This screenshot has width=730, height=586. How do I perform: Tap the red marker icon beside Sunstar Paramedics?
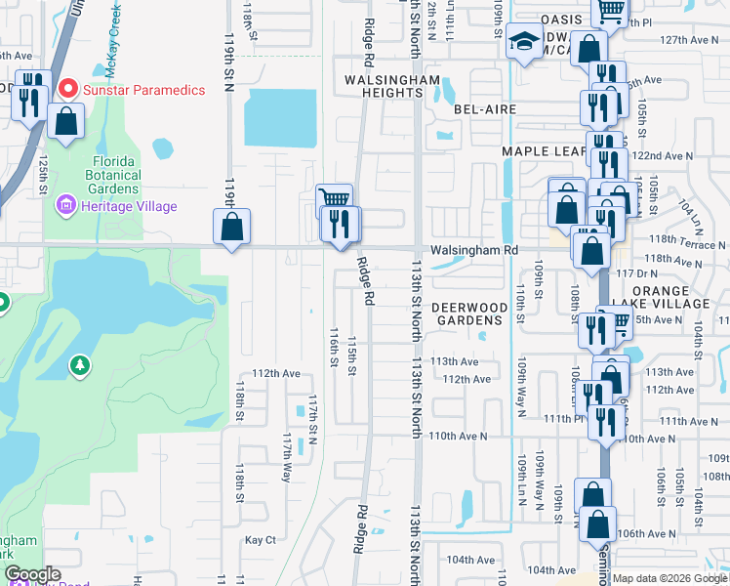point(68,89)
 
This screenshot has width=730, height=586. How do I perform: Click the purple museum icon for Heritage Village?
point(66,206)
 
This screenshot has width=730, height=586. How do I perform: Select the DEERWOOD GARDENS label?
point(470,314)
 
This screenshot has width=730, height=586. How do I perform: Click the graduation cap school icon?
point(524,42)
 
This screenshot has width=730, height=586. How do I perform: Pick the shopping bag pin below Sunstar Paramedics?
point(65,123)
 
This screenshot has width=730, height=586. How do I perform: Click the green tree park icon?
point(79,365)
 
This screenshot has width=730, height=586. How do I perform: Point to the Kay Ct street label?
point(261,539)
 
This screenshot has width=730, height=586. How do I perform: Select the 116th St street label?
point(334,348)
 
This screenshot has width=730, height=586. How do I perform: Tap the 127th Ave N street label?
point(689,40)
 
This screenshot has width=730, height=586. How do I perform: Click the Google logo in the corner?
point(31,574)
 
